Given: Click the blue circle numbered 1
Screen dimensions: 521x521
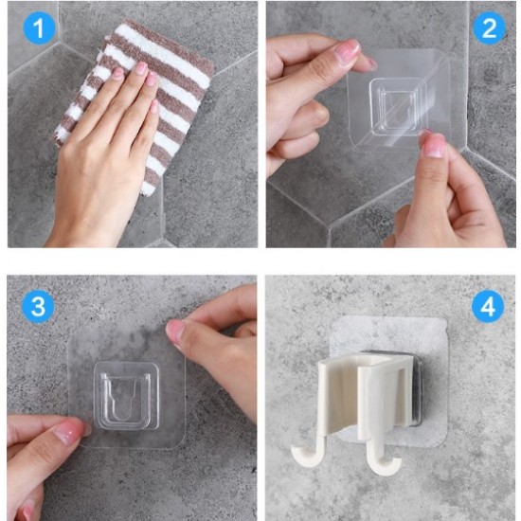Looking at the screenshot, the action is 39,27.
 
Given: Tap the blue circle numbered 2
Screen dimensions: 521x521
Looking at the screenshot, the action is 489,27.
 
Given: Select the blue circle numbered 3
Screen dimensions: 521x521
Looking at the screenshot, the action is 38,306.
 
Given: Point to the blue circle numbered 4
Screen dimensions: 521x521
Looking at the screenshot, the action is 488,306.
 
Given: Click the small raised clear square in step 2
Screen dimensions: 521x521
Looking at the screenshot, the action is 394,107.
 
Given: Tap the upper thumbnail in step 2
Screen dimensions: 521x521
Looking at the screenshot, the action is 348,50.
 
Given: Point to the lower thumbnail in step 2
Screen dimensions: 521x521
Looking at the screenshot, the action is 433,145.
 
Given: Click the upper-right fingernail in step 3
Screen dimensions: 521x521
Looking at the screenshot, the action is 173,332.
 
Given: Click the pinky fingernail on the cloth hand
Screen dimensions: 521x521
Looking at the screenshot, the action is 154,106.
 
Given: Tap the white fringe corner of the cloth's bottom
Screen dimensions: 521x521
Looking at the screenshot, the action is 148,189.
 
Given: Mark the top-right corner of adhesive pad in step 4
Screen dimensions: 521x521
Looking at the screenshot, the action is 446,319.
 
